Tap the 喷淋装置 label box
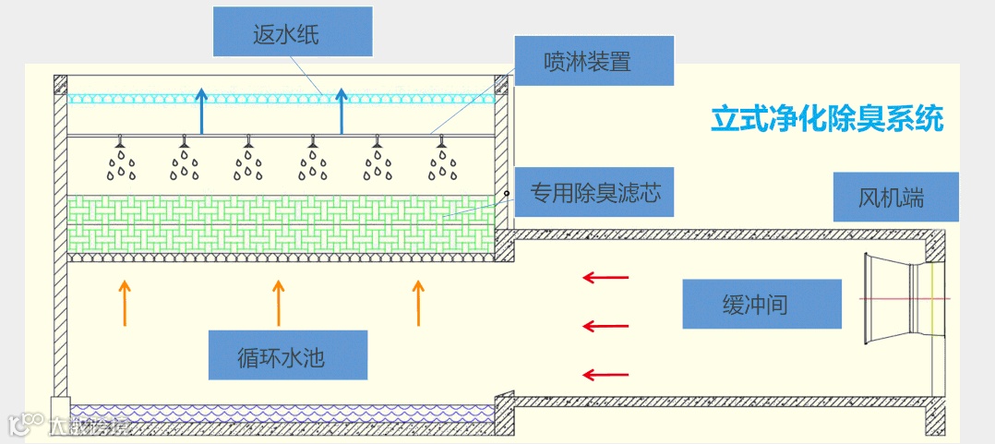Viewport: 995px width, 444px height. coord(593,62)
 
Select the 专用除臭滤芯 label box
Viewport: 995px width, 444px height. coord(593,194)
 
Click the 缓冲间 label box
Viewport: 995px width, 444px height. coord(761,304)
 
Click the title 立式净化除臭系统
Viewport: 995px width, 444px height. coord(827,119)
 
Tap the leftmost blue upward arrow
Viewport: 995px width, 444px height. coord(200,111)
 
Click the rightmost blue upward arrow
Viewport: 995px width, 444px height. coord(342,111)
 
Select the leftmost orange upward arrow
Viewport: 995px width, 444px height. coord(126,303)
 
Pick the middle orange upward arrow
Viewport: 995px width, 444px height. coord(278,303)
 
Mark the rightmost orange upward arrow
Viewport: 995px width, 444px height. coord(418,303)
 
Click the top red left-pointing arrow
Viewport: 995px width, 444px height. coord(605,276)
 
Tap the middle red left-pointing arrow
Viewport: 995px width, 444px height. coord(605,325)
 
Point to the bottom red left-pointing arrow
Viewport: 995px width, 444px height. coord(605,374)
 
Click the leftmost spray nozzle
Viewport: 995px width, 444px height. coord(120,142)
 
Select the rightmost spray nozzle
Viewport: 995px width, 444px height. coord(441,142)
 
